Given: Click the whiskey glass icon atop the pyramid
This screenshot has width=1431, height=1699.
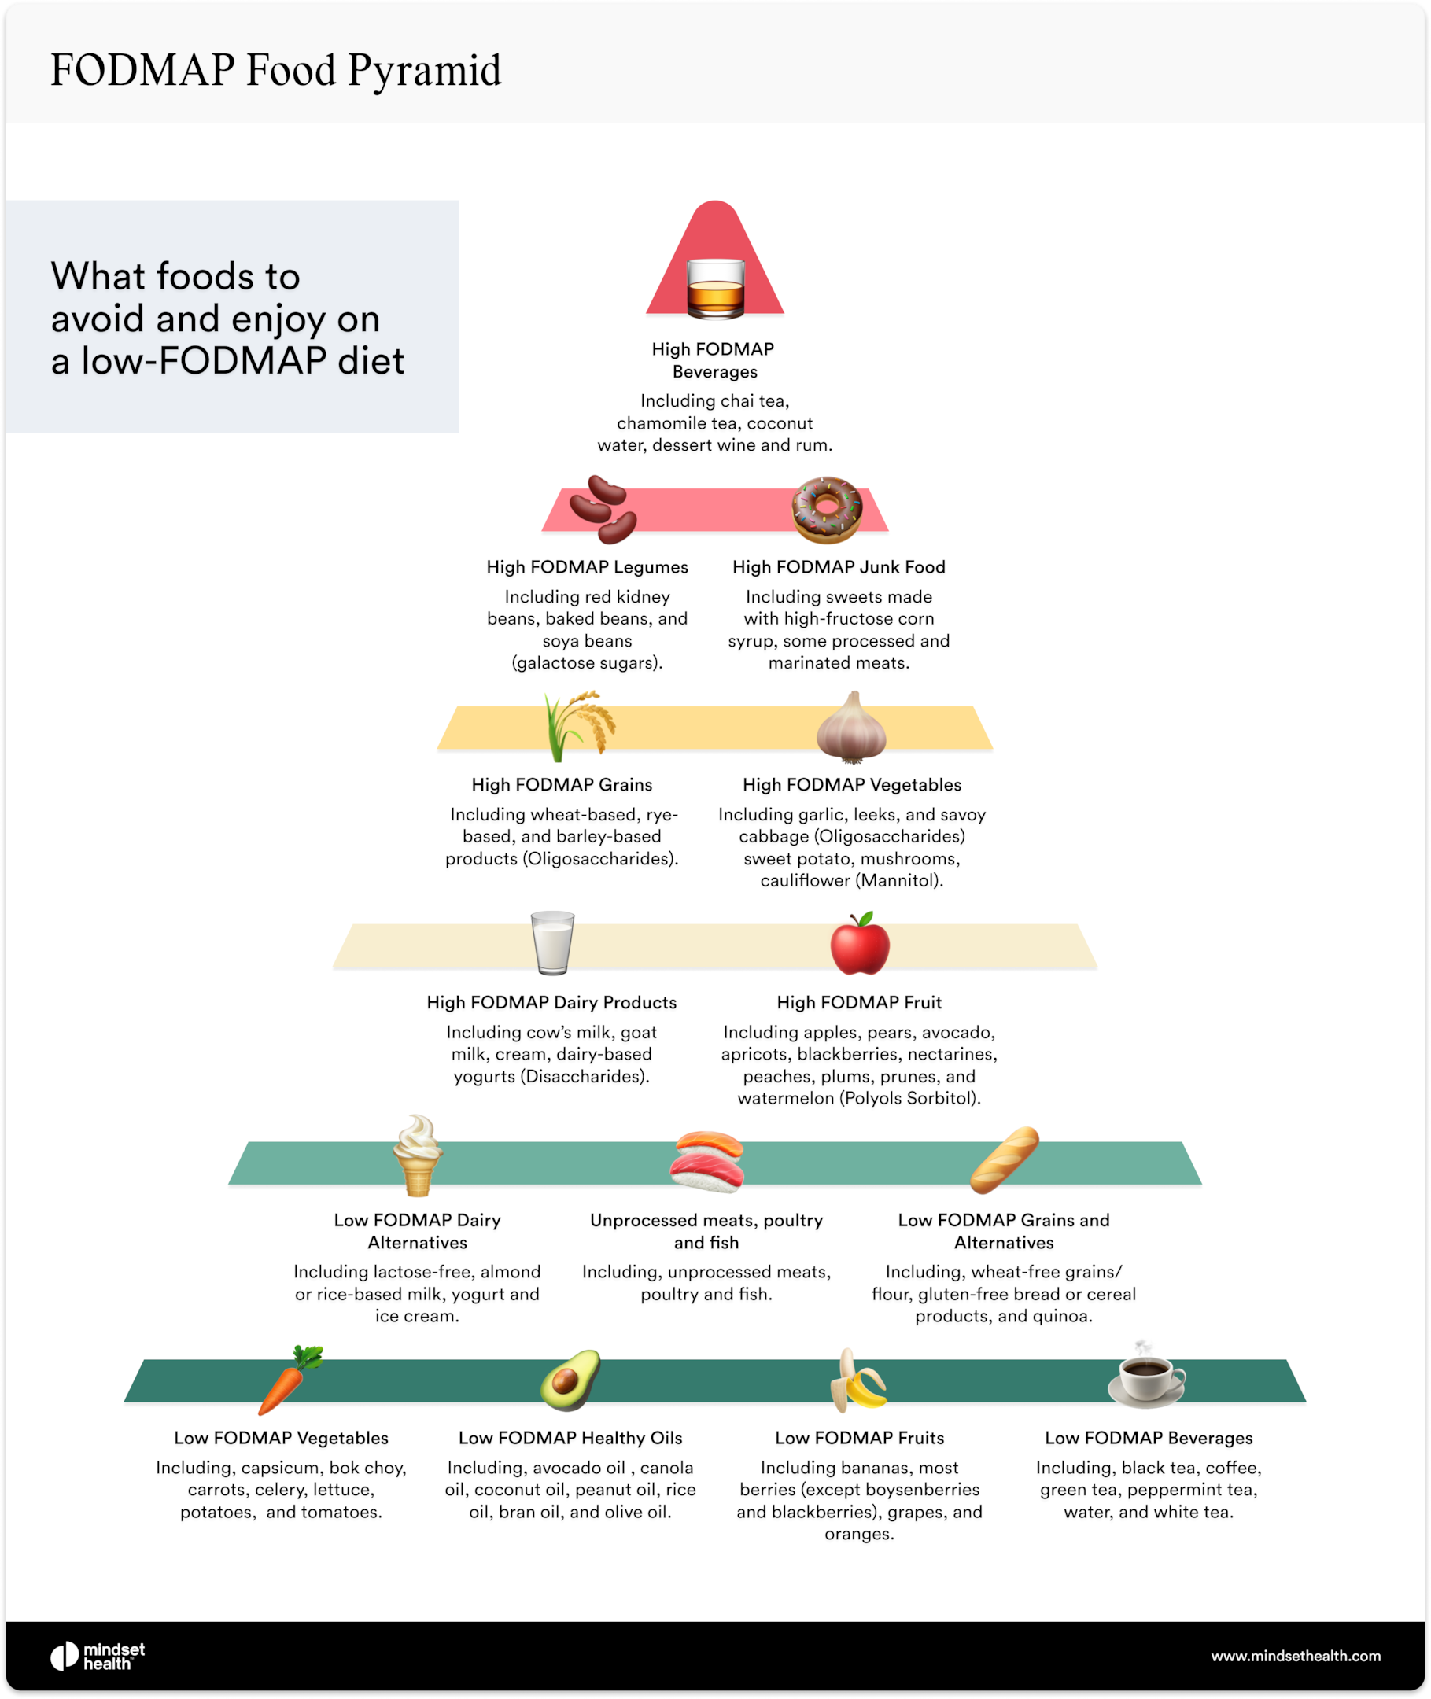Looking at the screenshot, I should (714, 289).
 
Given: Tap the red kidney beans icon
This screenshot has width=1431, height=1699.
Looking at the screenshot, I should (602, 509).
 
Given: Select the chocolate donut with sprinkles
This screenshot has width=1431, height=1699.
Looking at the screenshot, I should (827, 509).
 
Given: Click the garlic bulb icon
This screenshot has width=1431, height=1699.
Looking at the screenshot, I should (851, 728).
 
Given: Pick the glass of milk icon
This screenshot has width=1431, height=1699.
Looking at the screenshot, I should (552, 942).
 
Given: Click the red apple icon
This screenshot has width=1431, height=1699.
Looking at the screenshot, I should (860, 944).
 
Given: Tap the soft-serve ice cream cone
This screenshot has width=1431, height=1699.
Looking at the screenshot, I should (418, 1155).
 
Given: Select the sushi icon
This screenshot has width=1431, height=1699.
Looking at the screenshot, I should (706, 1161).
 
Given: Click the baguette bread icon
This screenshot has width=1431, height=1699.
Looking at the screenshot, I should (1005, 1159).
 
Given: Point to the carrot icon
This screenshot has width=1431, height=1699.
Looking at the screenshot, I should (289, 1380).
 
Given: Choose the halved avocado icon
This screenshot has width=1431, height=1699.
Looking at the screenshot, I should (570, 1380).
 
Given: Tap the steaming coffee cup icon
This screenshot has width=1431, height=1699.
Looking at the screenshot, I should (1146, 1377).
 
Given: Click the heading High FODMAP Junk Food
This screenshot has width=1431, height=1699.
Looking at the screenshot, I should (839, 567).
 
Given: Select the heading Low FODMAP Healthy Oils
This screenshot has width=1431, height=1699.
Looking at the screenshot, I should (570, 1438).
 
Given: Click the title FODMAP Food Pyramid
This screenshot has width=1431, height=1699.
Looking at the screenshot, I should (276, 70).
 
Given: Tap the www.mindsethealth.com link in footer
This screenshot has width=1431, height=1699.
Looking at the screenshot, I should (1296, 1655).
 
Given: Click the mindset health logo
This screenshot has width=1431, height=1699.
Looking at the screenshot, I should (98, 1656).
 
